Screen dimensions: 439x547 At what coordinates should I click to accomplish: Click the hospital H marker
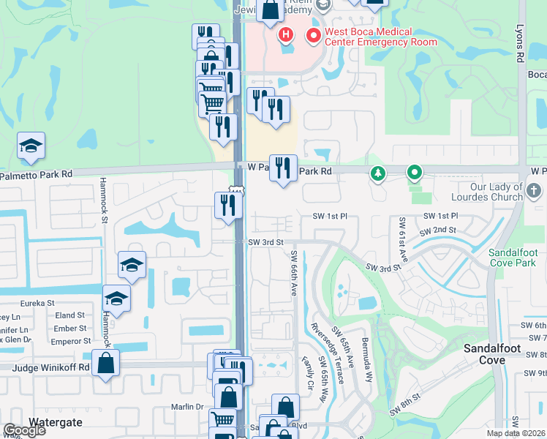285,34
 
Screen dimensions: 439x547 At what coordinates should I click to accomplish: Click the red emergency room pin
314,34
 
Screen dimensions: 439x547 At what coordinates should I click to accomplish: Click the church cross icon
535,192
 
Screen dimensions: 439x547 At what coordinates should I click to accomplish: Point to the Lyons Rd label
521,46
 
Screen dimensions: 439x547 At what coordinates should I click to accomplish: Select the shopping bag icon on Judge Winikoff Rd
106,363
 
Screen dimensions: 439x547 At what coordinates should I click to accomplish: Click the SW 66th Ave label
294,274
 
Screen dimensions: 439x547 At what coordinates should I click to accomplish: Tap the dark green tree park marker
378,173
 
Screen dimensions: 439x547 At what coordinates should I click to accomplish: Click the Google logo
24,430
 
